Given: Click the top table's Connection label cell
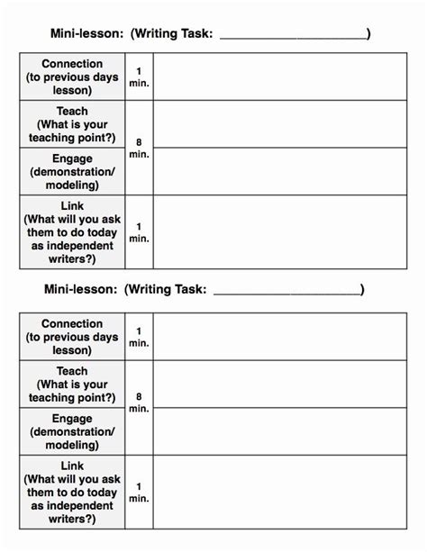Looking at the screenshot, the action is pos(72,77).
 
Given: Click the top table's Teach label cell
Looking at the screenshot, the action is pos(72,123).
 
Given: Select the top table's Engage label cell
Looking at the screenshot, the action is pos(72,170).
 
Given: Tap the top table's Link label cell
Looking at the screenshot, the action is pos(72,231).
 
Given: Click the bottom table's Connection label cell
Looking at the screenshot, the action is pos(72,337).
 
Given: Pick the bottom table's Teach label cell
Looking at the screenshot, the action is pos(72,384).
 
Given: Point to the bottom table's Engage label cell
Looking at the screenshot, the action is pos(72,430).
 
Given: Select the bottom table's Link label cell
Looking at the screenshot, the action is pos(72,492).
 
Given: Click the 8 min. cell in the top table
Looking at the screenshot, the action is pos(139,147).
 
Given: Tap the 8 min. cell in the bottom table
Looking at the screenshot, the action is pos(139,407).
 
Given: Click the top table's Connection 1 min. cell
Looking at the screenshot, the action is pos(139,77).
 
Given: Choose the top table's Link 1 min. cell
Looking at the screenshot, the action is pos(139,231).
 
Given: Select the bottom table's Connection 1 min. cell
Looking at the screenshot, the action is pos(139,337).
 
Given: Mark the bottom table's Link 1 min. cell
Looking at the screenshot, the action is pos(139,492).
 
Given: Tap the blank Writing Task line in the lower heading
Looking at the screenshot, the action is pos(286,290).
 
